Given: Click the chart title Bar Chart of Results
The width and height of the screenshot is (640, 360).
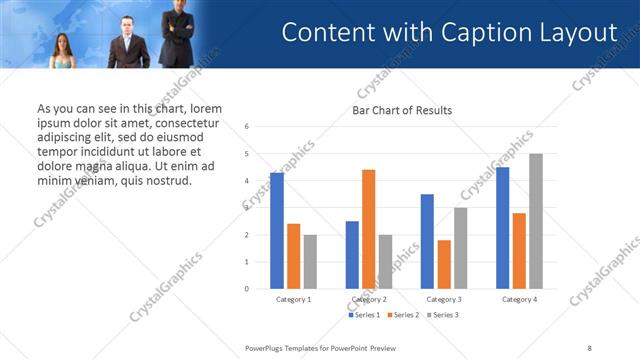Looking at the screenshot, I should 402,110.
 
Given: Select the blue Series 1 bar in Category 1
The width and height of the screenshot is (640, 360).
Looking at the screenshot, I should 277,231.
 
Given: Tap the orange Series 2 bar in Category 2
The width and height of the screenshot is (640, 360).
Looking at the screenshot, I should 368,229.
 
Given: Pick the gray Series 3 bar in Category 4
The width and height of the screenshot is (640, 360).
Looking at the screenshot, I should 536,221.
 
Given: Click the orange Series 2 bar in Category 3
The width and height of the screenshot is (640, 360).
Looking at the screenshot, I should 444,264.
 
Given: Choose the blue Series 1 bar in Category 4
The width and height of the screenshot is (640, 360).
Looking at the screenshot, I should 502,228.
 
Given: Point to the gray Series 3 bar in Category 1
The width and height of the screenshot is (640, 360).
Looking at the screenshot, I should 310,262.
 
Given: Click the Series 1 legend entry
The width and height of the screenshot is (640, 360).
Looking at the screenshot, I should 365,315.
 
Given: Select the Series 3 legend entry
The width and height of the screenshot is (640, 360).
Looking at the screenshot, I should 443,315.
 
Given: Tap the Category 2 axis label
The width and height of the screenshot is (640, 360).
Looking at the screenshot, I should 369,299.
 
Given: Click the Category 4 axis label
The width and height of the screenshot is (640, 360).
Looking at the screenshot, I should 519,299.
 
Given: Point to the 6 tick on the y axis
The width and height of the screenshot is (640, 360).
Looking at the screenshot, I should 247,127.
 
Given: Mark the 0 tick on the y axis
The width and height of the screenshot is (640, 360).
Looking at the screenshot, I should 247,289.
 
